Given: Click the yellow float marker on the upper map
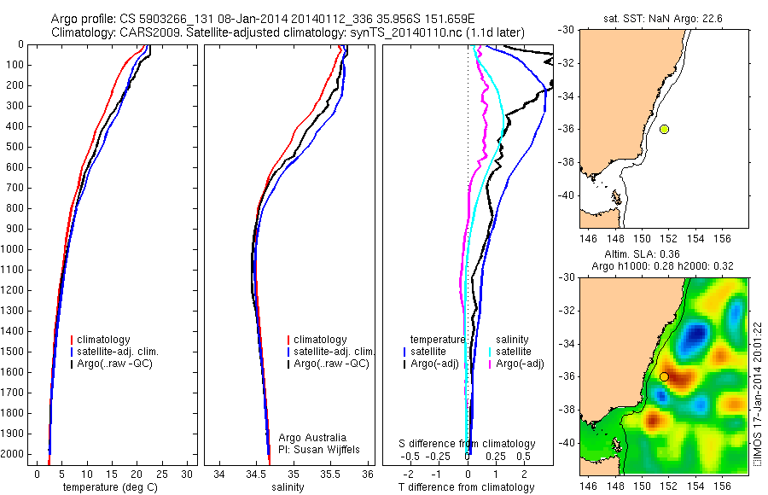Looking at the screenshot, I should click(x=664, y=129).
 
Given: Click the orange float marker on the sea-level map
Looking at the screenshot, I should click(x=664, y=376).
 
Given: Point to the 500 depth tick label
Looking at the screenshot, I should click(x=15, y=147).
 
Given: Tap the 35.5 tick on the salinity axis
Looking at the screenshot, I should click(x=331, y=474).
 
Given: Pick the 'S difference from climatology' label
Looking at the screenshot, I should click(x=467, y=444).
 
